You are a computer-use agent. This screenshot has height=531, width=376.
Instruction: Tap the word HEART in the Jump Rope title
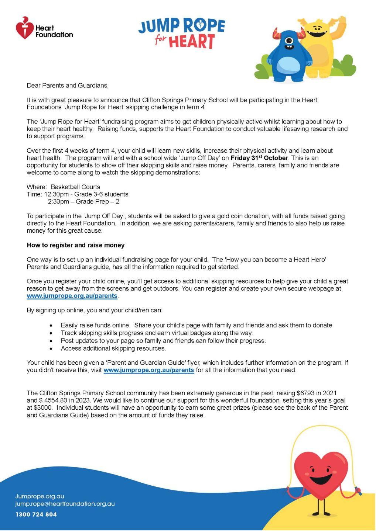(191, 41)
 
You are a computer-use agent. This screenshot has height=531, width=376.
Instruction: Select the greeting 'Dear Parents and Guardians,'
(68, 86)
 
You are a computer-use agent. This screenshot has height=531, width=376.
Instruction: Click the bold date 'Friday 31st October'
(259, 158)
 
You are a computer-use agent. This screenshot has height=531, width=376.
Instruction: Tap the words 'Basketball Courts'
(75, 187)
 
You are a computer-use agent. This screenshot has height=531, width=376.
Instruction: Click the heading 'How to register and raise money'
(76, 245)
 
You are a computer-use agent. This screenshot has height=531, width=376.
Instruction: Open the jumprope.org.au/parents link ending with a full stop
(72, 296)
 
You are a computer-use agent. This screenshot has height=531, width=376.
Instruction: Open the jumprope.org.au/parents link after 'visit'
(148, 370)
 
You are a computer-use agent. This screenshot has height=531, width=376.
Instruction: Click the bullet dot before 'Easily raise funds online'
(52, 326)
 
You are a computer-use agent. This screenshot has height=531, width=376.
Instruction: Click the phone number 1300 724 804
(36, 514)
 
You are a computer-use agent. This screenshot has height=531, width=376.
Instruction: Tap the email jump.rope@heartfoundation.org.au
(65, 504)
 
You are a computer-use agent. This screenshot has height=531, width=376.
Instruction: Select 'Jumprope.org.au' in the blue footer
(40, 496)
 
